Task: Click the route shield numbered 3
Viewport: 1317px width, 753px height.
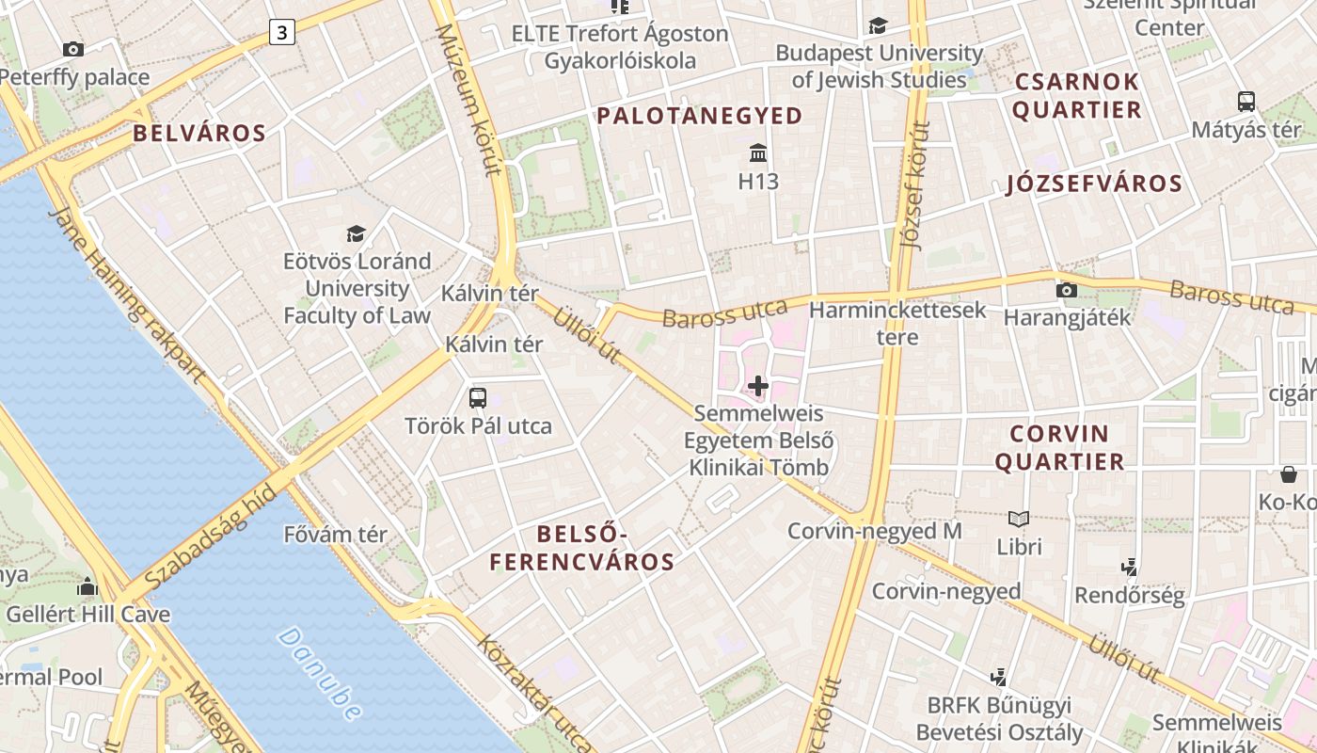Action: click(282, 33)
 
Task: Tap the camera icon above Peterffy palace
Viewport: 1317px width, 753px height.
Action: click(72, 49)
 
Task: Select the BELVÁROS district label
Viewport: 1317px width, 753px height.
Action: click(199, 133)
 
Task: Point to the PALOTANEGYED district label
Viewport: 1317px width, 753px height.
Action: click(700, 116)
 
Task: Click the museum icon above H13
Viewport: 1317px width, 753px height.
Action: click(758, 152)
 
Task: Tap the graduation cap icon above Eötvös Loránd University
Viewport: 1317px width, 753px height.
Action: click(356, 233)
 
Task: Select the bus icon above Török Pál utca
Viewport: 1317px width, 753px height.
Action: click(478, 397)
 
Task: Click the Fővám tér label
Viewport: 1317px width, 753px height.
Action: click(335, 535)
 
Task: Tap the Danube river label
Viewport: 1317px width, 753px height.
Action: click(320, 674)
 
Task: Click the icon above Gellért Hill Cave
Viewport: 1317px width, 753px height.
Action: click(87, 586)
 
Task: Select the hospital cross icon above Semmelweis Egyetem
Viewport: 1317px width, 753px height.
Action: click(758, 386)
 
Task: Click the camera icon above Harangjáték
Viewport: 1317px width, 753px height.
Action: click(1066, 290)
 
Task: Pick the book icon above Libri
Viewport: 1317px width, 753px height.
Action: click(1019, 518)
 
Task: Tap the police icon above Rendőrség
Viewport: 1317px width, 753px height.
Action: click(1130, 567)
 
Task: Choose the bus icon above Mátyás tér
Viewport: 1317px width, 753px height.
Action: click(1246, 102)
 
